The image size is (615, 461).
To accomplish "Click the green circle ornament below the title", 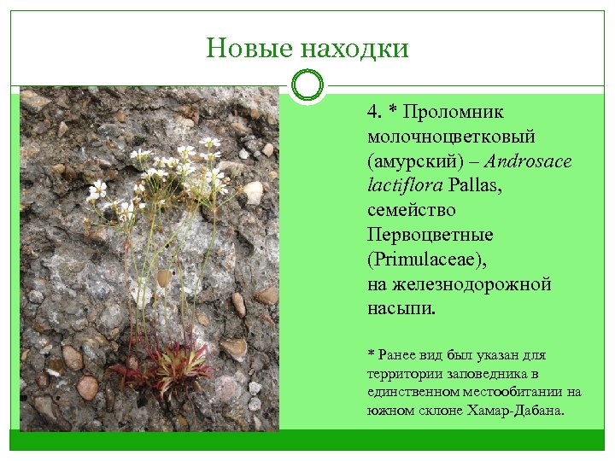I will (x=307, y=86).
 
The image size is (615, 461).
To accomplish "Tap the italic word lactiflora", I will (x=401, y=185).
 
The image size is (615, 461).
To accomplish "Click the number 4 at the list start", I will (x=373, y=112).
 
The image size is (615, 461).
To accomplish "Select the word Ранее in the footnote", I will (x=399, y=354).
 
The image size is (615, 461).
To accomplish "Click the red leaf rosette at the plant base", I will (x=162, y=363).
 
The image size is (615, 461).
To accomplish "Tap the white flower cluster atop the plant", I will (x=171, y=166).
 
